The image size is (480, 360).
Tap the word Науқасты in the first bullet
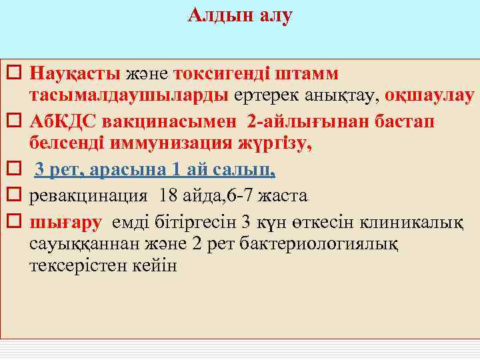75,71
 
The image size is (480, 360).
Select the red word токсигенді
218,71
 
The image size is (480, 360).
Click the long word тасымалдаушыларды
129,95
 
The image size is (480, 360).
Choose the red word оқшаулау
434,95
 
